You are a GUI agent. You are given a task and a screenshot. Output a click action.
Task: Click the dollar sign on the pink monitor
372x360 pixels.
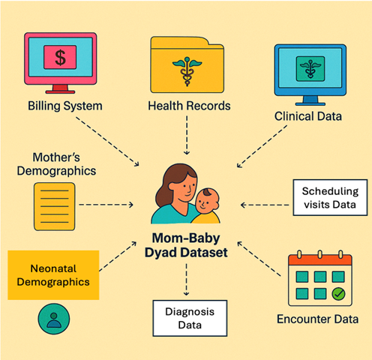(x=60, y=57)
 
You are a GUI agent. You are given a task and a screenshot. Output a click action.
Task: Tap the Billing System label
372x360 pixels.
(x=65, y=106)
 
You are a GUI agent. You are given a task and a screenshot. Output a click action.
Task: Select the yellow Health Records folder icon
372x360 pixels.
(x=187, y=64)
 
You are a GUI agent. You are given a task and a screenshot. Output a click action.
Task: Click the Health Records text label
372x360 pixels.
(x=189, y=106)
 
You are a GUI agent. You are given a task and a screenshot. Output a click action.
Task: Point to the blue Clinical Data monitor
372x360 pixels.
(x=310, y=74)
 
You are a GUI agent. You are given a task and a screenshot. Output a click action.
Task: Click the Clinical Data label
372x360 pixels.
(x=308, y=116)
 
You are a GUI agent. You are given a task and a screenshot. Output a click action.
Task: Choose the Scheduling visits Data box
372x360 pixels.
(x=330, y=197)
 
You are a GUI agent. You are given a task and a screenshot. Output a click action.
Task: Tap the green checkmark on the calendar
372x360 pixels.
(x=338, y=294)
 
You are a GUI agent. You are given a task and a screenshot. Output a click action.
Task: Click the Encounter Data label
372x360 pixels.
(x=318, y=319)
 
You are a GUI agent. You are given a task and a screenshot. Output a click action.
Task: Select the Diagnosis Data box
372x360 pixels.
(x=190, y=318)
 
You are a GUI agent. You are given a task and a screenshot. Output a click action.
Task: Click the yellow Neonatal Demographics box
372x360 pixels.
(x=53, y=275)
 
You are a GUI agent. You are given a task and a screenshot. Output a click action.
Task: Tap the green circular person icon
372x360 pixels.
(x=54, y=319)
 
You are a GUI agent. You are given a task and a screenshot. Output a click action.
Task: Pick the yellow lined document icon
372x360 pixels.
(x=55, y=206)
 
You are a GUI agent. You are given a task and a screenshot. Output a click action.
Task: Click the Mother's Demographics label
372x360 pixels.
(x=56, y=164)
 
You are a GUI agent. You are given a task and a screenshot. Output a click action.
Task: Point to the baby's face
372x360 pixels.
(x=206, y=201)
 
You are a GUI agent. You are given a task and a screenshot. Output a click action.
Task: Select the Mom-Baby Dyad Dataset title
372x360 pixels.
(x=186, y=245)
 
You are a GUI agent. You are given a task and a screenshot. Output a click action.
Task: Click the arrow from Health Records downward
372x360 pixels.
(x=187, y=135)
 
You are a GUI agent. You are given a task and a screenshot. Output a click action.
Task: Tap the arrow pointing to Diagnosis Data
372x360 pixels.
(x=186, y=280)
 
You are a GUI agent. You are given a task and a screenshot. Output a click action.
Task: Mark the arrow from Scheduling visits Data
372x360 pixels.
(x=265, y=205)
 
